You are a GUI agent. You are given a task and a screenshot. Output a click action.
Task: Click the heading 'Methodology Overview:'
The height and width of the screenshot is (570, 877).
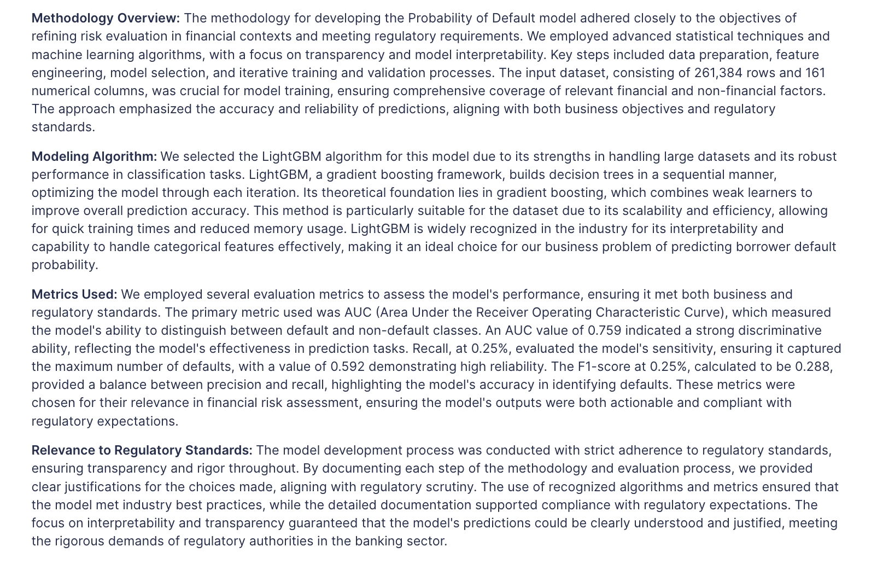pos(106,18)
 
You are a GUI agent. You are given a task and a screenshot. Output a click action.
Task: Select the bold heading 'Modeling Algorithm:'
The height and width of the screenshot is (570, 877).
pos(94,156)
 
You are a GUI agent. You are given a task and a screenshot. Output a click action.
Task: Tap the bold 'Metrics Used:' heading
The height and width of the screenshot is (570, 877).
pos(74,294)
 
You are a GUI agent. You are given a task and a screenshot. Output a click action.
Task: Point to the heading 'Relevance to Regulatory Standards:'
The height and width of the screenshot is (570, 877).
pos(142,450)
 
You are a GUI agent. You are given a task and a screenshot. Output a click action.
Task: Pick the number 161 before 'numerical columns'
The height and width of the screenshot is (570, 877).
pos(815,73)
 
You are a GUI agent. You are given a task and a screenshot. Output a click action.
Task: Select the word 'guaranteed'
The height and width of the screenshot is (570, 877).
pos(337,523)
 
